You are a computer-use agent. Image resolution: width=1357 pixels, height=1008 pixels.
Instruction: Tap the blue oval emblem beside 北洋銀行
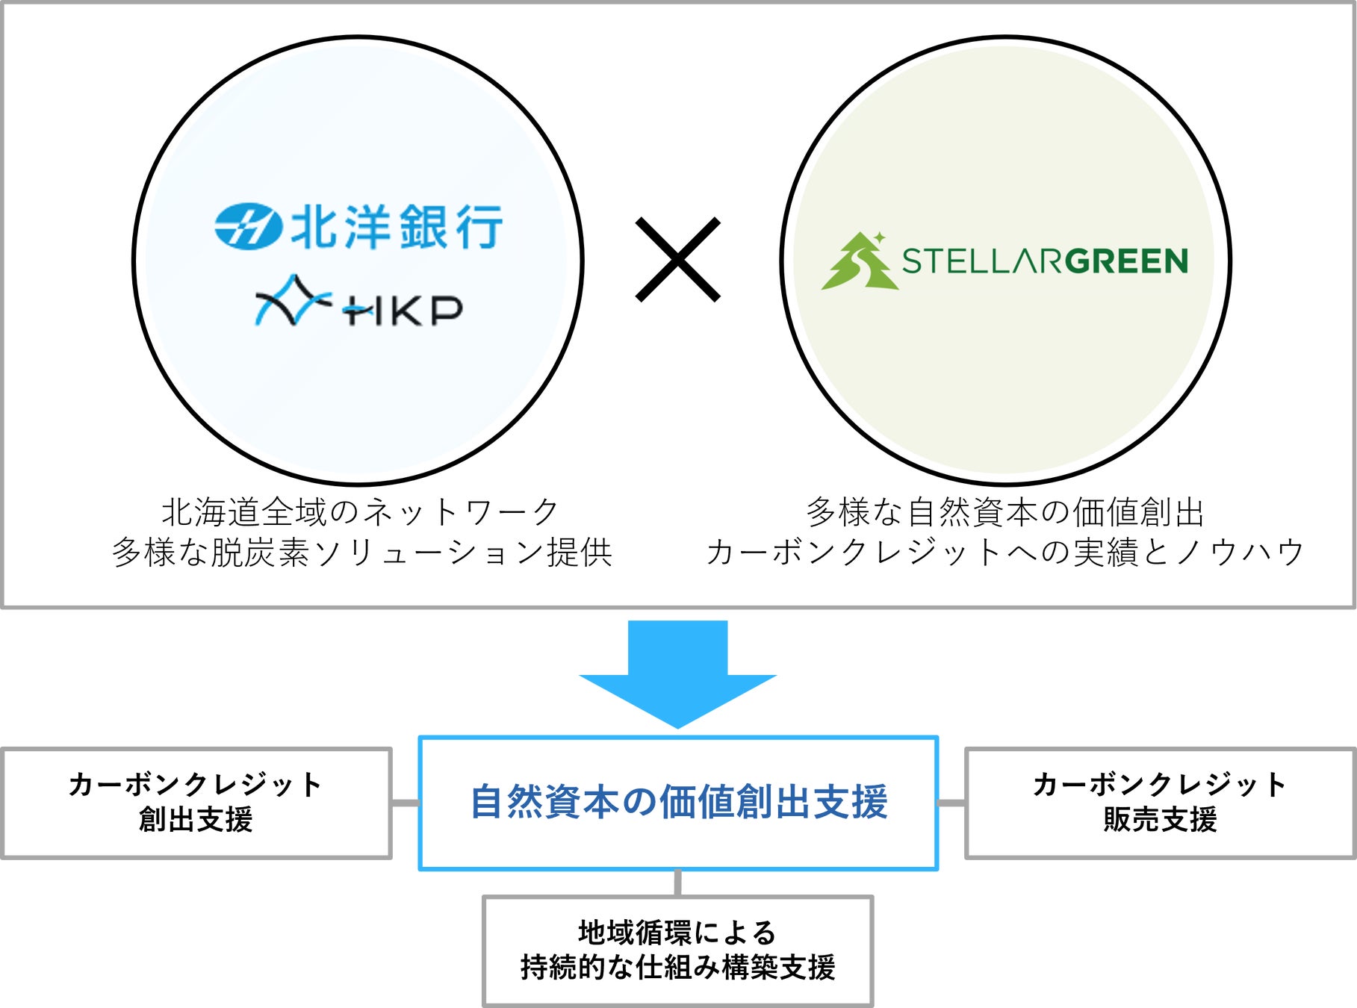(248, 226)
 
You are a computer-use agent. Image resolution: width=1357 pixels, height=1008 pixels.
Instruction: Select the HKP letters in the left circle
(403, 310)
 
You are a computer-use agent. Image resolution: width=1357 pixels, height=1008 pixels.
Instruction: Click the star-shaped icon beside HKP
(292, 301)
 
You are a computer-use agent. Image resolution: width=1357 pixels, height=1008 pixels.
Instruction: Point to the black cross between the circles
(677, 259)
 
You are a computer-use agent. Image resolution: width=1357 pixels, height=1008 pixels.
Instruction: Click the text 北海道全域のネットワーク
(360, 512)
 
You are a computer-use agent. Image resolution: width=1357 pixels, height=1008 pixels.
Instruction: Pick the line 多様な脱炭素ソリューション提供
(362, 553)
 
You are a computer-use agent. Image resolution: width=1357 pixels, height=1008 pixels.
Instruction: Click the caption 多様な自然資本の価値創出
(1004, 512)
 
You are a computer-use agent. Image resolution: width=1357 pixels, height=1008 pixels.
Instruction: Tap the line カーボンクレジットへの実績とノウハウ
(1004, 553)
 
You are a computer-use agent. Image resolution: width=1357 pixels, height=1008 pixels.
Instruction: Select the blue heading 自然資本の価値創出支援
(678, 802)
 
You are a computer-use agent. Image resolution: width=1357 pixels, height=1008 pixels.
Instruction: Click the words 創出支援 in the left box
(196, 820)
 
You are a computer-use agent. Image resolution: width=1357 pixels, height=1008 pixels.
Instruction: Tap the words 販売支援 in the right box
(1160, 820)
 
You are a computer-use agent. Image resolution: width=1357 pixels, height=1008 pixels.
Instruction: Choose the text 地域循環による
(677, 933)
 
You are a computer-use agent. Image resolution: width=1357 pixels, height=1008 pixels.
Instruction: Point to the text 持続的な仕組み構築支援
(677, 968)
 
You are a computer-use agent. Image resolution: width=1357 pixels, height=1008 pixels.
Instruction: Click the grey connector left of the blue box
(406, 803)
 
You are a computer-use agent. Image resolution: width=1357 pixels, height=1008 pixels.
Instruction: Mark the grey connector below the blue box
(677, 883)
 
